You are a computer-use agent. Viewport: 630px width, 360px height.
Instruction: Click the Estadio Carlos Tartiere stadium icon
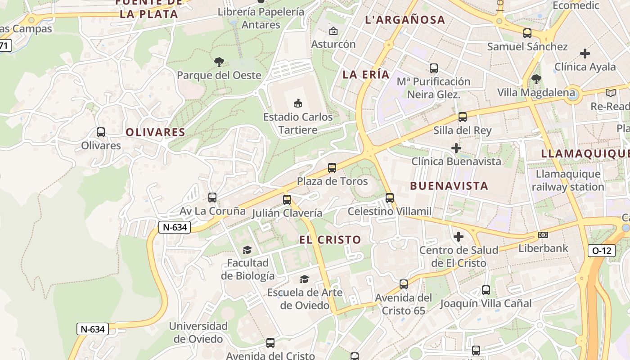297,103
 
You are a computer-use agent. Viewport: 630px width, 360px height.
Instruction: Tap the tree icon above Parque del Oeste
219,62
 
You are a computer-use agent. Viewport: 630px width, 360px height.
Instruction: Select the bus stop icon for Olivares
101,132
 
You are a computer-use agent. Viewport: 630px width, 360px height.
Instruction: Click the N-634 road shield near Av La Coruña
175,227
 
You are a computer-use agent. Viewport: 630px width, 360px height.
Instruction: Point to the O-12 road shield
602,251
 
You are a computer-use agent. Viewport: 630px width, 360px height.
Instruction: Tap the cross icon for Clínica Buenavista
456,148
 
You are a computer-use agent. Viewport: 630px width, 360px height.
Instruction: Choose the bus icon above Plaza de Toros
332,168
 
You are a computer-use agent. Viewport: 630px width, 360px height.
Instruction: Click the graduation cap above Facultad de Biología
247,250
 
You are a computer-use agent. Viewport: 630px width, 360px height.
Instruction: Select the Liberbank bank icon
543,235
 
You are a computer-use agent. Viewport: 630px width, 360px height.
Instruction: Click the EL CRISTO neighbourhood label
330,240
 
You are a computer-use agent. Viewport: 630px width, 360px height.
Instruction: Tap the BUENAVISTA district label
449,186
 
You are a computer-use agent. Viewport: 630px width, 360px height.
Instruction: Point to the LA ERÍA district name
366,75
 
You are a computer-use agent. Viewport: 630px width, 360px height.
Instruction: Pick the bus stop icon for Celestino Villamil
390,198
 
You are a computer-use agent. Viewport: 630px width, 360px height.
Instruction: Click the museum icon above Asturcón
333,31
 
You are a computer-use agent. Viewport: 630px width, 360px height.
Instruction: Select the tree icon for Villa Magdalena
536,80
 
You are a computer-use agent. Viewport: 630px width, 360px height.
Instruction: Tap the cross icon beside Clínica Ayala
585,54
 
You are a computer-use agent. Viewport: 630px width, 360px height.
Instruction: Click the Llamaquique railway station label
568,180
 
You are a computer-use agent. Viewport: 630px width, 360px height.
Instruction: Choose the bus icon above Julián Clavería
287,199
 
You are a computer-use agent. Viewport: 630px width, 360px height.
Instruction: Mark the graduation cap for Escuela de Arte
305,279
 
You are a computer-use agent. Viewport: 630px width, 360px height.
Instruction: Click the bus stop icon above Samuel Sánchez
527,33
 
